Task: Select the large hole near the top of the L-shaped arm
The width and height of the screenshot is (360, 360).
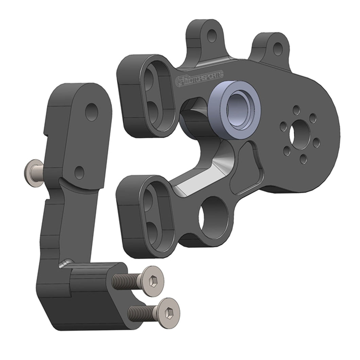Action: pos(91,112)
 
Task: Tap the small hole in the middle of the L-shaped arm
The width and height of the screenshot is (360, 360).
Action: pos(79,171)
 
